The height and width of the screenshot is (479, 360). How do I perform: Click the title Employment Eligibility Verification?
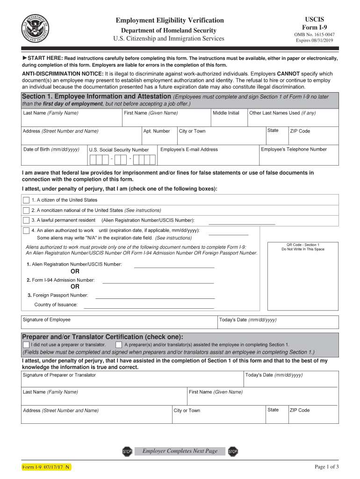pyautogui.click(x=170, y=20)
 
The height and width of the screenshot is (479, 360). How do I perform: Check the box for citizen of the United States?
pyautogui.click(x=26, y=200)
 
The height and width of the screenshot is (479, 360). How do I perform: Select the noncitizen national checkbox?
pyautogui.click(x=26, y=210)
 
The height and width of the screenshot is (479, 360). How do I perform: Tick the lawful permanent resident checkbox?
pyautogui.click(x=26, y=220)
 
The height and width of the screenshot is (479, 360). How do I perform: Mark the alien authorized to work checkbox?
pyautogui.click(x=26, y=231)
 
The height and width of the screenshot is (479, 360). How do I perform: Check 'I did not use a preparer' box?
pyautogui.click(x=26, y=345)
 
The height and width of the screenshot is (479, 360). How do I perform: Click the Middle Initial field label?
pyautogui.click(x=226, y=113)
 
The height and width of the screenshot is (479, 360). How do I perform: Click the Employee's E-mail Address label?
pyautogui.click(x=189, y=150)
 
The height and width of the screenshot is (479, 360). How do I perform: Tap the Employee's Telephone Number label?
pyautogui.click(x=294, y=150)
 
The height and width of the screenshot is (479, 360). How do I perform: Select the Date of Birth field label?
pyautogui.click(x=51, y=150)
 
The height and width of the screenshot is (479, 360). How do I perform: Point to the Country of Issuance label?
pyautogui.click(x=56, y=305)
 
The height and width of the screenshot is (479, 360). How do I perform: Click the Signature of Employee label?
pyautogui.click(x=47, y=320)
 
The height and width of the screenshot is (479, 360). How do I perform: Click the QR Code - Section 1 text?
pyautogui.click(x=302, y=245)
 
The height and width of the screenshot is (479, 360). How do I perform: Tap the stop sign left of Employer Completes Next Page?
pyautogui.click(x=127, y=451)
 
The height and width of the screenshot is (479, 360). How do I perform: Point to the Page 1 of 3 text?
pyautogui.click(x=327, y=467)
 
